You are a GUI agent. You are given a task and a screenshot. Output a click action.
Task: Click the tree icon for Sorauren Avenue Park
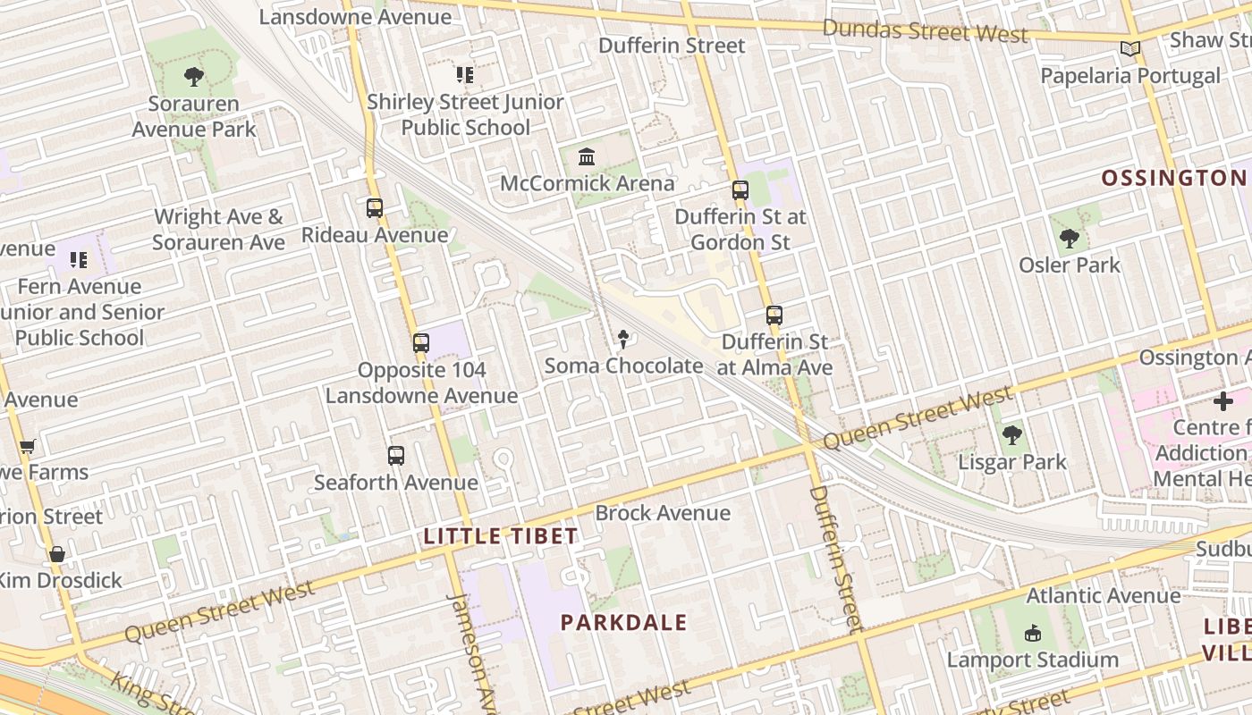(193, 77)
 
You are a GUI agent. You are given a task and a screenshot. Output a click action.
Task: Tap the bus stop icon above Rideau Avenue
(375, 208)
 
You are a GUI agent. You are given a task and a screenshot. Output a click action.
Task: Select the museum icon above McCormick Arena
(587, 157)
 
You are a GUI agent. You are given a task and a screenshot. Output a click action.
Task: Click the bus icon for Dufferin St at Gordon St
(740, 190)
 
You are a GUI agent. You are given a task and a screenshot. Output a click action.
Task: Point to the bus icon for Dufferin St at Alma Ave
(774, 315)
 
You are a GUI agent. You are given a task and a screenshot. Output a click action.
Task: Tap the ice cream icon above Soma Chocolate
(623, 339)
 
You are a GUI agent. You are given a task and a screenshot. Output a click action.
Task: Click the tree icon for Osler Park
(1069, 239)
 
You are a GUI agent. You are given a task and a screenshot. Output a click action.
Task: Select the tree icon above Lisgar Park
(1012, 435)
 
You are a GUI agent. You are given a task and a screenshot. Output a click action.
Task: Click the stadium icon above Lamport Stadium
(1033, 634)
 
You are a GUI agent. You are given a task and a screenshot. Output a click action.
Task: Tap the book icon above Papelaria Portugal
(1130, 49)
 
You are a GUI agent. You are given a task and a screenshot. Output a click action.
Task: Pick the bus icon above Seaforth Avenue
(396, 456)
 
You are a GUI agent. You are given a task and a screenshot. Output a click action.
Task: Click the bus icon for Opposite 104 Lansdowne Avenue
(421, 343)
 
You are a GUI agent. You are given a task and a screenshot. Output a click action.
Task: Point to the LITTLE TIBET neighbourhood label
(500, 536)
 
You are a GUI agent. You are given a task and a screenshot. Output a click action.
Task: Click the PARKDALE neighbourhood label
(623, 623)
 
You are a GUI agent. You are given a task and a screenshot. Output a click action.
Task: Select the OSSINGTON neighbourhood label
(1172, 178)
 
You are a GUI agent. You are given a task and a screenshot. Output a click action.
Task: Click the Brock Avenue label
(663, 513)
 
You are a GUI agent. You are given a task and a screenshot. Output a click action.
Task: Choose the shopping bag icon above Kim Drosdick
(57, 554)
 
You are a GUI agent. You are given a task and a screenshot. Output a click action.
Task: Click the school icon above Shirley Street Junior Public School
(464, 75)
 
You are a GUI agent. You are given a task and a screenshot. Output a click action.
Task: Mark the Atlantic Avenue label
(1104, 595)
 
